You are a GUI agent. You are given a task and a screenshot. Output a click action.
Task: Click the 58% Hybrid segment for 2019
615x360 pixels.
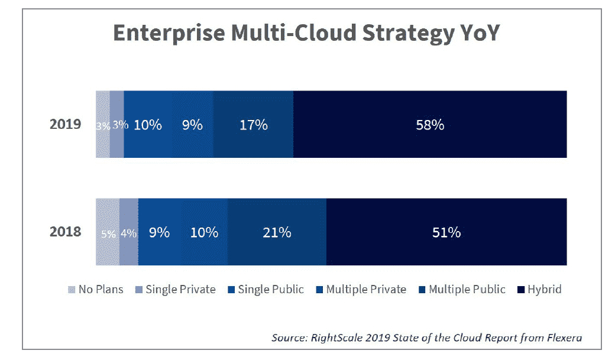(430, 125)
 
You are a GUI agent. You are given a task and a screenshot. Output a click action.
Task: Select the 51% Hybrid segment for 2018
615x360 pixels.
(446, 232)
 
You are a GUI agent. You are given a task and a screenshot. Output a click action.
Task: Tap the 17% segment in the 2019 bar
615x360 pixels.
(253, 125)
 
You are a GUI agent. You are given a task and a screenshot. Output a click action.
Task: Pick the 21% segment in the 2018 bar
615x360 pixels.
(277, 232)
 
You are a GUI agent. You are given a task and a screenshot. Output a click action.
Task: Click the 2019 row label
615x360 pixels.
(65, 125)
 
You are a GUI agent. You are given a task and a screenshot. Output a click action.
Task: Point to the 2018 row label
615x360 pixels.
(65, 232)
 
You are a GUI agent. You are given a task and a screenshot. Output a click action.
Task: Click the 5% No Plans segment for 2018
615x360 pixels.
(108, 233)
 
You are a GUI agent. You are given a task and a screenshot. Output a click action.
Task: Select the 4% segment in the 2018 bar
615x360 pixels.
(128, 233)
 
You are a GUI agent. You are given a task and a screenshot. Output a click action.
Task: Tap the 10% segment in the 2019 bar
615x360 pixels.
(147, 125)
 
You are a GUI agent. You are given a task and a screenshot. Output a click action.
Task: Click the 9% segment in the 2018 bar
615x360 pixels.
(159, 232)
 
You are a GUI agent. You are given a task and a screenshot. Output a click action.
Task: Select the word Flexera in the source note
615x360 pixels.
(561, 338)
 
